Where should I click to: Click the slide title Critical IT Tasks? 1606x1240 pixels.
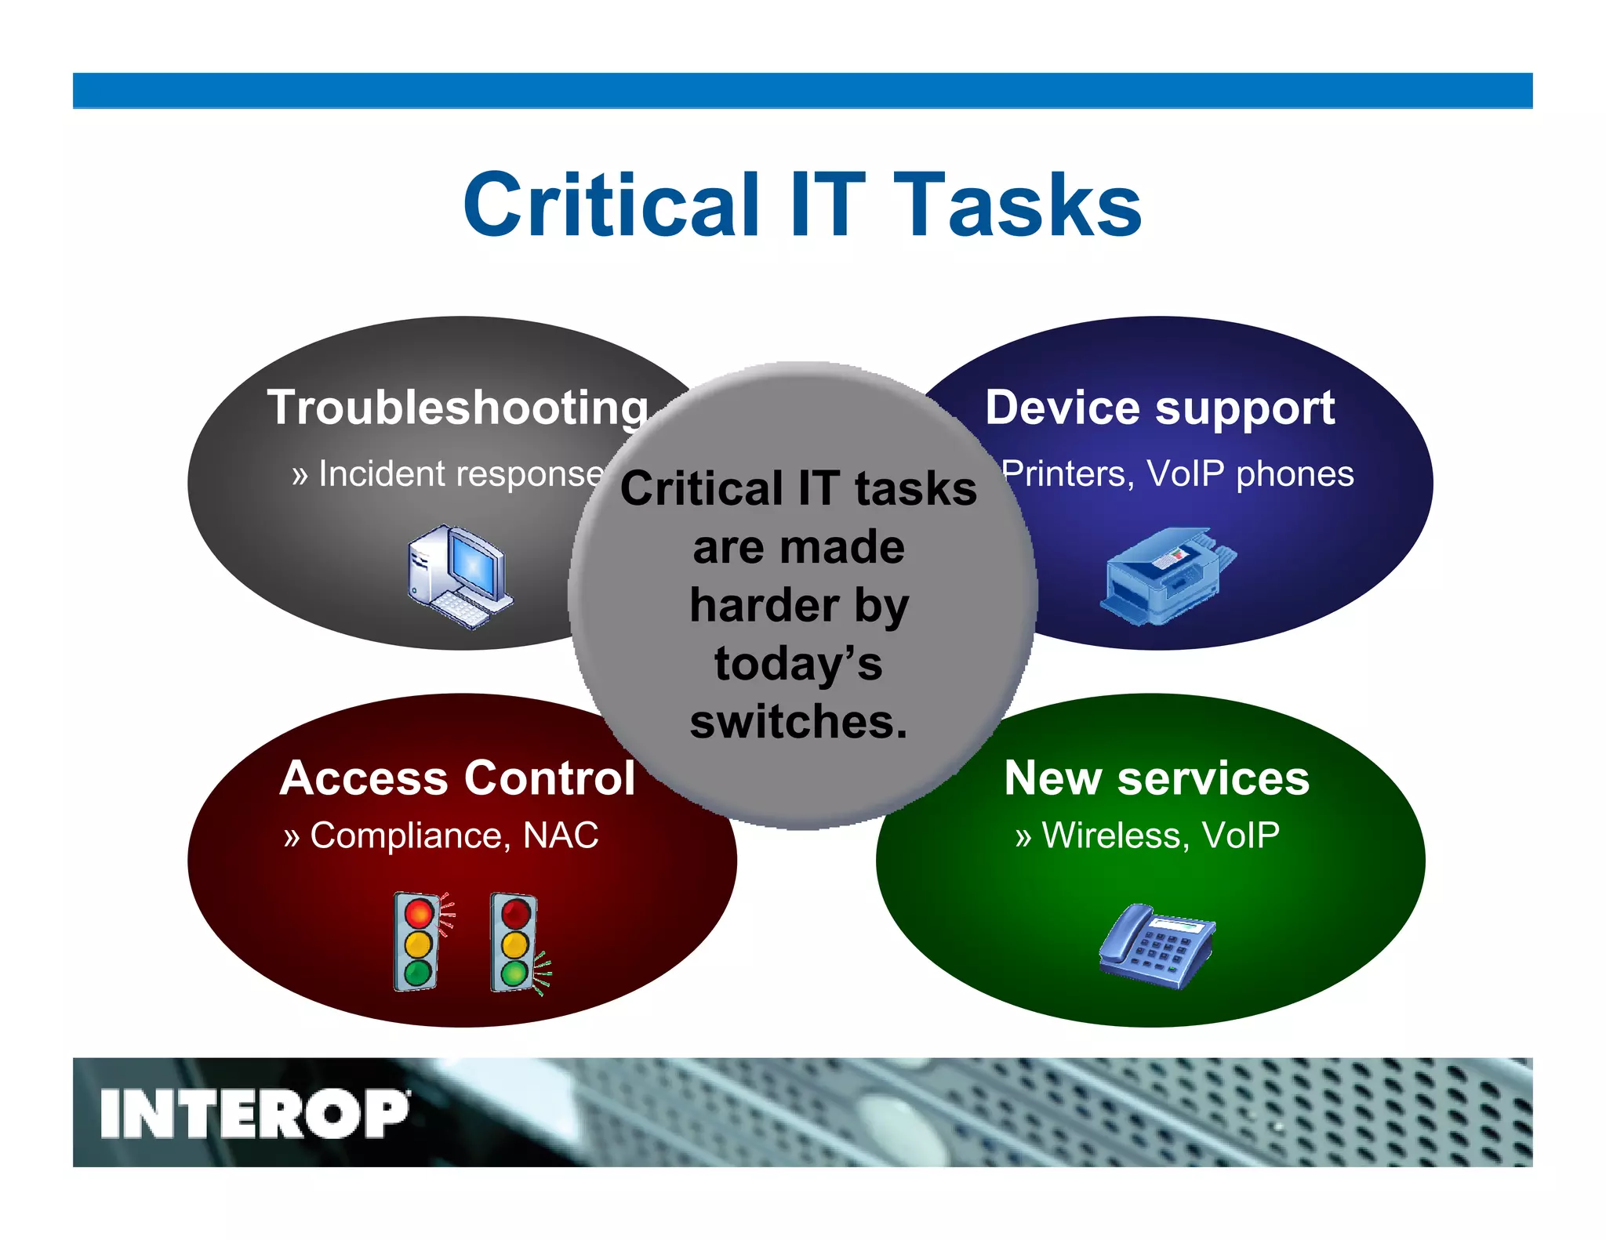(801, 205)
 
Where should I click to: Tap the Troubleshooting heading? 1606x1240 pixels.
(458, 408)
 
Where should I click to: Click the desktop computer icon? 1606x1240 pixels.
(460, 576)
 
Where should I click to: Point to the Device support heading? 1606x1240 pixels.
(1160, 408)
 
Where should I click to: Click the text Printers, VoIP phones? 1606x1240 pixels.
(1178, 474)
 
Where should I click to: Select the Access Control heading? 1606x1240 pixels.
(457, 778)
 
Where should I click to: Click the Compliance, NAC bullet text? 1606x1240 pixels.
(441, 836)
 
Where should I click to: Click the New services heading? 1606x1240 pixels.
(1157, 778)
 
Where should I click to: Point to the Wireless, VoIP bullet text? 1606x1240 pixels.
(1146, 836)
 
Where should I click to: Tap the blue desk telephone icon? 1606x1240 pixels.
(1157, 947)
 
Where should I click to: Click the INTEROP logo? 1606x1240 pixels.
(254, 1113)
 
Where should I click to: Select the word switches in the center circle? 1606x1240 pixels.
(798, 721)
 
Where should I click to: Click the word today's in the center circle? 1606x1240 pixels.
(798, 663)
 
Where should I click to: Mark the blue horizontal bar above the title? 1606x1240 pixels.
(801, 90)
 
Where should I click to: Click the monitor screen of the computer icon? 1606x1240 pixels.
(478, 564)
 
